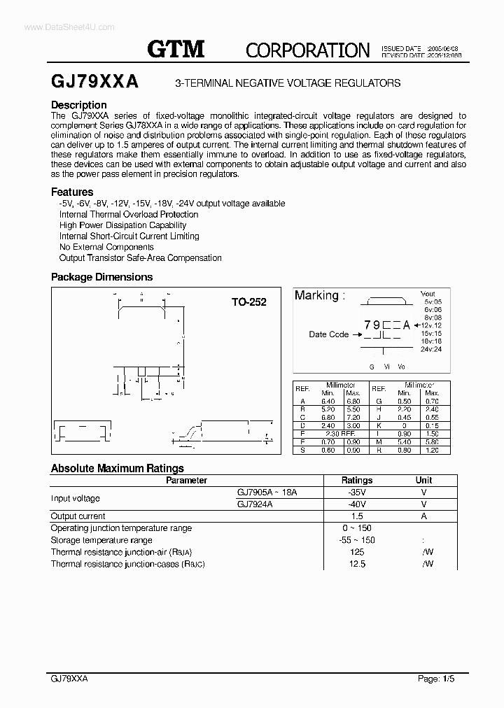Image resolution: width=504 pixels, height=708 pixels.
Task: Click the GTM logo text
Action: coord(176,49)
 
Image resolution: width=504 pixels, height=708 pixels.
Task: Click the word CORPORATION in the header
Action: coord(307,50)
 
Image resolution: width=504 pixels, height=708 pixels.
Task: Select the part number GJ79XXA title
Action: coord(94,83)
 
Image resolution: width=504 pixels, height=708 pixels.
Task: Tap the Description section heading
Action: coord(79,105)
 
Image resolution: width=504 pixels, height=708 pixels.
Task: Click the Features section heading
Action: coord(72,192)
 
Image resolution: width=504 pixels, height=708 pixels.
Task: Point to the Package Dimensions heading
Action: coord(101,277)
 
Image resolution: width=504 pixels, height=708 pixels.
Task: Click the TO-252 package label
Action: coord(249,302)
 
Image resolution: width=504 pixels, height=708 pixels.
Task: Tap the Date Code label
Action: coord(328,334)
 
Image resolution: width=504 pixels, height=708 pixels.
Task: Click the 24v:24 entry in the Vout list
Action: coord(431,349)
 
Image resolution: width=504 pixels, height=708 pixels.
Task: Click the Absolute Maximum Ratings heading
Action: coord(117,469)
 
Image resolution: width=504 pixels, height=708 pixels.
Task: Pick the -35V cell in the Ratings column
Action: coord(356,493)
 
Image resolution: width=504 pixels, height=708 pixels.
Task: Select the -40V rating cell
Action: coord(356,504)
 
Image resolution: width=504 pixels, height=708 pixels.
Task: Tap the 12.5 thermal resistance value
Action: coord(357,564)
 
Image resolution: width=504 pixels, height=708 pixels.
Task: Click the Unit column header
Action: coord(423,481)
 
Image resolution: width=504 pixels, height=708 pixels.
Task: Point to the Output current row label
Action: coord(78,516)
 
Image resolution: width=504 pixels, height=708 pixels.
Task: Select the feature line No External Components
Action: coord(106,247)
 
